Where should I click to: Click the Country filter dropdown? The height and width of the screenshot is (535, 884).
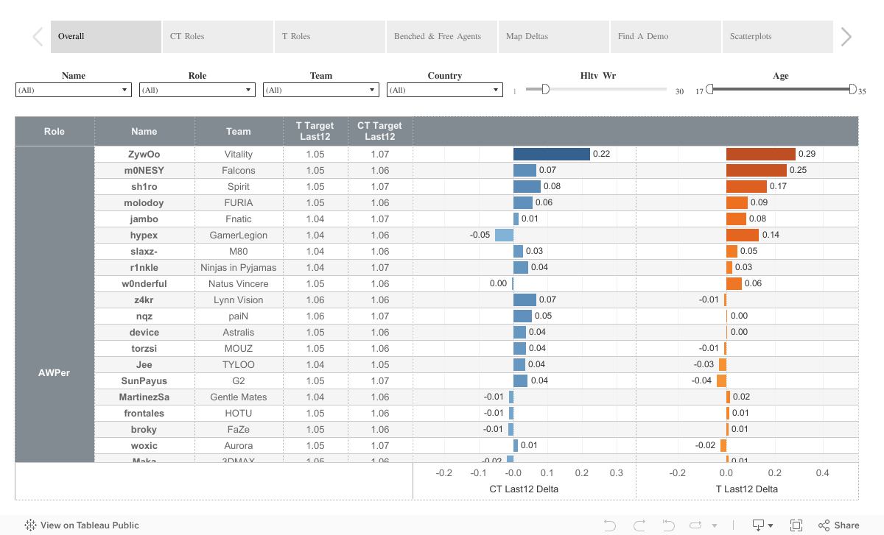[x=444, y=90]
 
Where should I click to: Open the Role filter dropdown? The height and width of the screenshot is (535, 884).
[x=197, y=90]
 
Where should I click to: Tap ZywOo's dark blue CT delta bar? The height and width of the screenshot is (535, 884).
[x=551, y=154]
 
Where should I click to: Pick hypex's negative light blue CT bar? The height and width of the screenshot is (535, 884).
[x=504, y=235]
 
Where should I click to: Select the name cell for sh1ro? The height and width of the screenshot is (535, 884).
[x=144, y=186]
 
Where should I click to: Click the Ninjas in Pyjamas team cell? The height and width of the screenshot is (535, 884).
[x=239, y=267]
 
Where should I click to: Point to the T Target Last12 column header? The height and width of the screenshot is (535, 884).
[x=315, y=131]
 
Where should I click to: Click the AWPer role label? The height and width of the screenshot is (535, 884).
[x=55, y=372]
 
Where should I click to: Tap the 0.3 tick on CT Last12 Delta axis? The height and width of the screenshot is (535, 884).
[x=616, y=473]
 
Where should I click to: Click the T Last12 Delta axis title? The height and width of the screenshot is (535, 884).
[x=746, y=489]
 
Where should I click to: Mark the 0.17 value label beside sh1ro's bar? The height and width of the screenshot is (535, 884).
[x=778, y=186]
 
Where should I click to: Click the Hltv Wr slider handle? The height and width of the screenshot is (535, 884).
[x=545, y=89]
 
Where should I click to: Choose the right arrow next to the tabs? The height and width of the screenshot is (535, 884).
[x=846, y=37]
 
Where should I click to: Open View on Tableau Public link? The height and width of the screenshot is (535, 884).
[x=82, y=525]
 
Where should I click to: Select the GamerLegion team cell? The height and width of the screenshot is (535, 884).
[x=239, y=235]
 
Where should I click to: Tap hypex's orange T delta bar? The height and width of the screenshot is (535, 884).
[x=742, y=235]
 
